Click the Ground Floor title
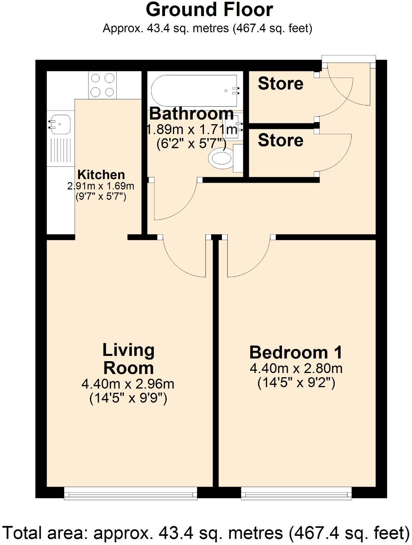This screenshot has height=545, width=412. coord(209,10)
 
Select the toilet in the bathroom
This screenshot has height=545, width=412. coord(222,158)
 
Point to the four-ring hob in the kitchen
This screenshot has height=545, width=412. coord(102,85)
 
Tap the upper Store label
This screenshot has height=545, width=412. coord(280,83)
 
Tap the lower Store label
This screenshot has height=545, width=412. coord(280,140)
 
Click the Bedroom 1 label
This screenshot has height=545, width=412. coord(296,352)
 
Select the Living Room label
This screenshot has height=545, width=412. coord(129,359)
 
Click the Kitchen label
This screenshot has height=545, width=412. coord(101,175)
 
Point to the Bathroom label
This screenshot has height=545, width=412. coord(191,114)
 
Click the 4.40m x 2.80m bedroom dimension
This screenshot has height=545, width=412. coord(296,369)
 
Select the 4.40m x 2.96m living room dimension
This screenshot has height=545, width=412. coord(128,384)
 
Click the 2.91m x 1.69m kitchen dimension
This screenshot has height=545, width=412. coord(101,186)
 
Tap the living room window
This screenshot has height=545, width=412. coord(130,493)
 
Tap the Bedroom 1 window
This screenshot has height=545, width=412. coord(296,493)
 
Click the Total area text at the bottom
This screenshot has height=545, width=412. coord(206,533)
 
